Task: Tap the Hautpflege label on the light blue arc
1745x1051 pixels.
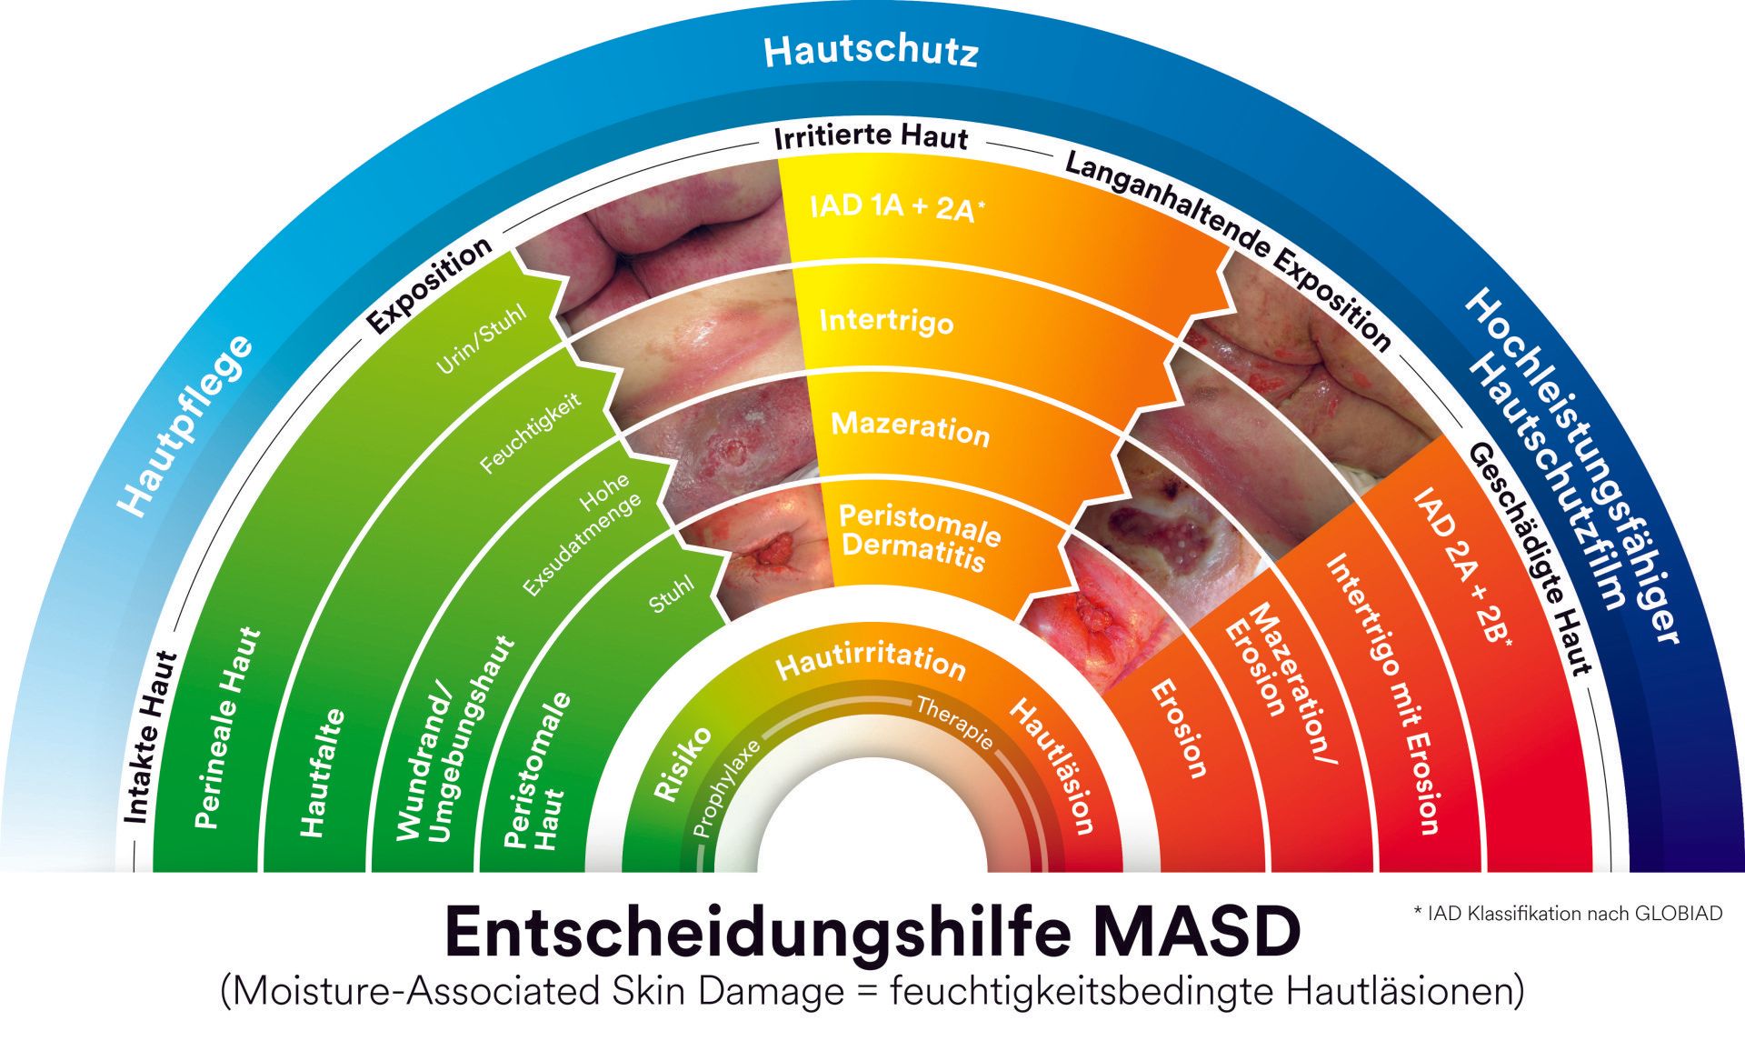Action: click(x=186, y=425)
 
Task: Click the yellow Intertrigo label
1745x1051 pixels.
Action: click(x=886, y=321)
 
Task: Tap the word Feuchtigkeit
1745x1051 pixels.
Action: click(x=532, y=433)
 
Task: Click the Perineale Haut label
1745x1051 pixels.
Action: click(x=228, y=727)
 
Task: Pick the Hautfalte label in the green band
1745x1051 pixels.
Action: click(x=323, y=773)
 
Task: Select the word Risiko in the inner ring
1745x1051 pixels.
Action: click(x=682, y=764)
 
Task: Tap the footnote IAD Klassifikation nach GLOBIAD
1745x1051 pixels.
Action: click(x=1568, y=913)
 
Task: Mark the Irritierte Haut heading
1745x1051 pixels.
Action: click(x=871, y=138)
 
